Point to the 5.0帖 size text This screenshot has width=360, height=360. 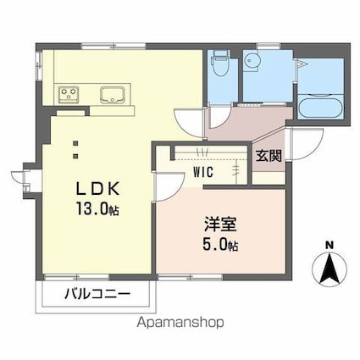point(220,246)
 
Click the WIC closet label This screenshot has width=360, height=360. point(203,171)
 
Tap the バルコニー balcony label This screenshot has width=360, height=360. point(96,296)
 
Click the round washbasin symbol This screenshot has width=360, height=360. point(252,61)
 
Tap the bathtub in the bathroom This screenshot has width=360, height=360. point(318,108)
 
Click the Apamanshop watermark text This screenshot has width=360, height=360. point(180,323)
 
